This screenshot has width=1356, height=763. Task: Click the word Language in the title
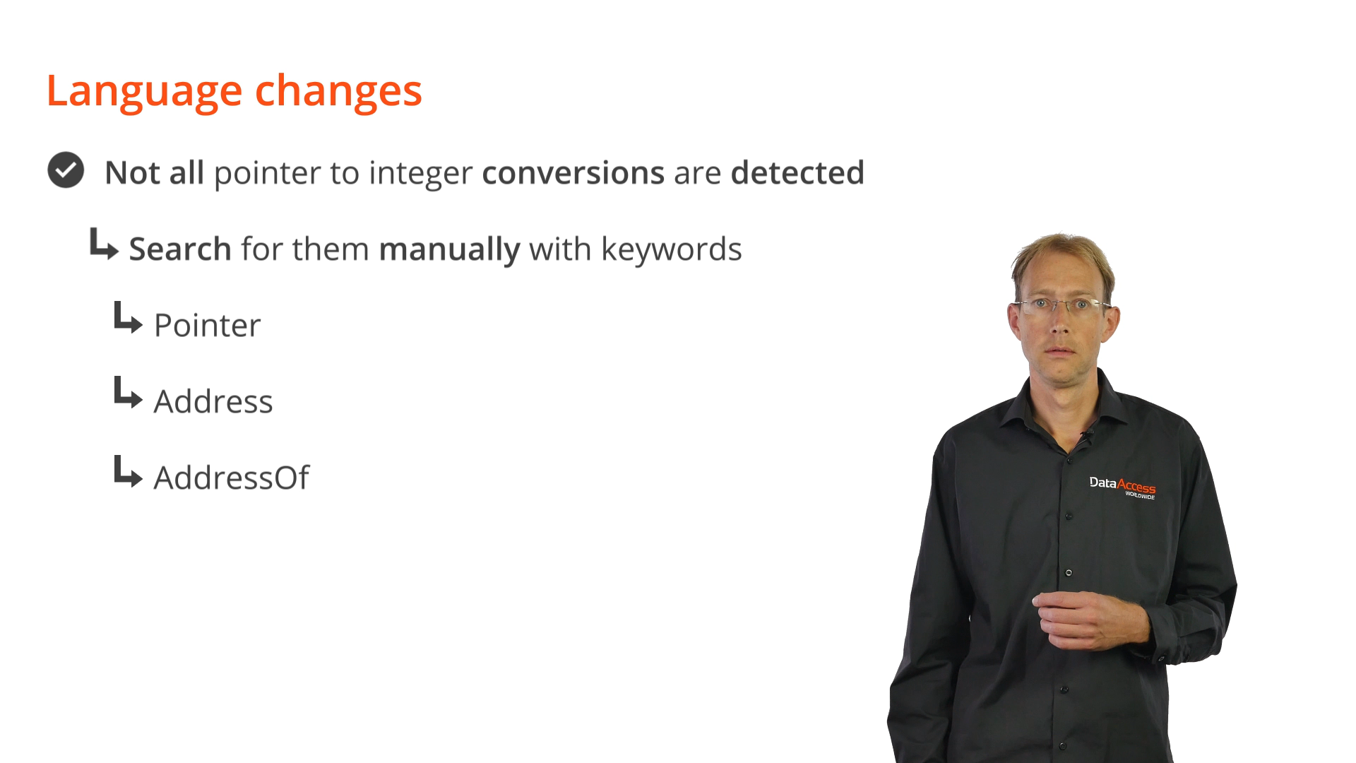tap(144, 92)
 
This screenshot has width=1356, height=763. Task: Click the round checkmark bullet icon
tap(66, 170)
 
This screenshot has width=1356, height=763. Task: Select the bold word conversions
tap(573, 172)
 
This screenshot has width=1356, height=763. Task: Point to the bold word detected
tap(797, 172)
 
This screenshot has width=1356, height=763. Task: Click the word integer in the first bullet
tap(420, 174)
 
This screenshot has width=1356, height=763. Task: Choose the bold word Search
tap(180, 249)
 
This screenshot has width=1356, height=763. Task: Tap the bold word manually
tap(449, 249)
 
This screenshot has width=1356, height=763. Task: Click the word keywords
tap(671, 249)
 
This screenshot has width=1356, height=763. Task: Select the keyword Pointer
tap(207, 325)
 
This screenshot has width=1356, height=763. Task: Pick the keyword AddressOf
tap(232, 478)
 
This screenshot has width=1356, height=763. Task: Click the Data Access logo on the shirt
tap(1122, 487)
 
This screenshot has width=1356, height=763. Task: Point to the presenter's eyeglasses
tap(1061, 305)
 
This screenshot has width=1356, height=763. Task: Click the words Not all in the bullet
tap(154, 172)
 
